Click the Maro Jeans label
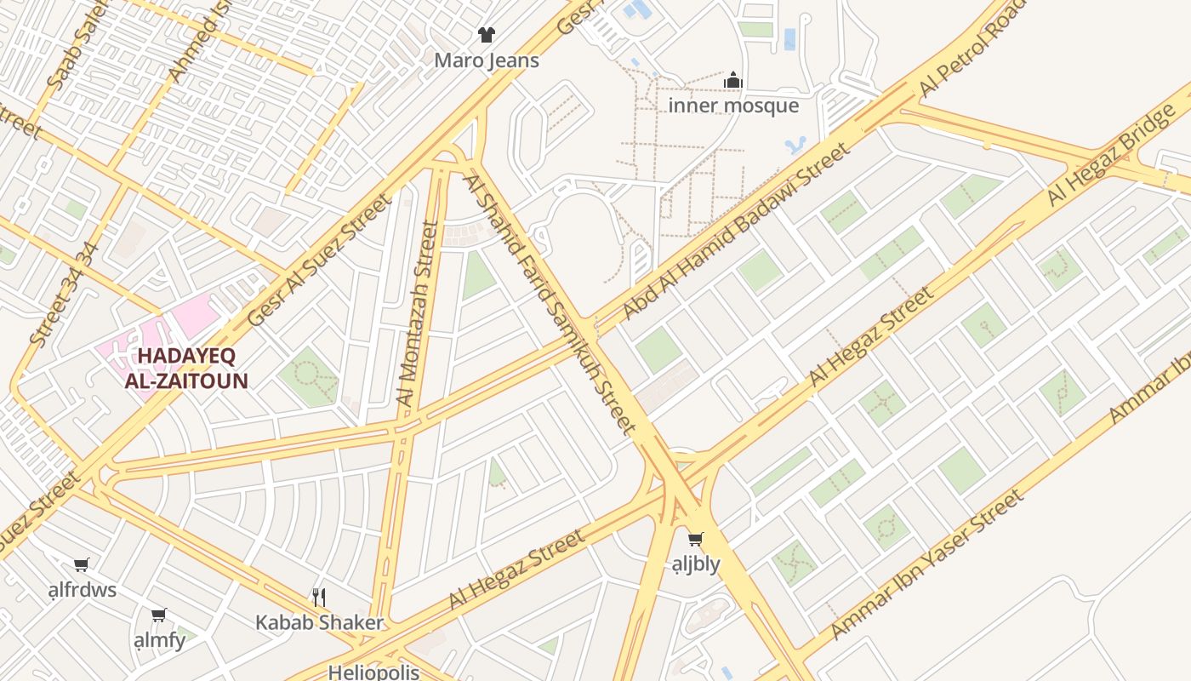point(486,60)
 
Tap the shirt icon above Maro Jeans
point(486,35)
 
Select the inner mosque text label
point(733,106)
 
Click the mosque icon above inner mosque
point(733,81)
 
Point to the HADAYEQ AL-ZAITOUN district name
point(185,368)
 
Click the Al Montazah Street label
point(417,313)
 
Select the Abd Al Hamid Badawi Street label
point(736,232)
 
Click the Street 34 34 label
point(64,294)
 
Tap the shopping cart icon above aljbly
point(695,539)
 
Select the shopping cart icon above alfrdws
point(82,564)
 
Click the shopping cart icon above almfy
point(158,615)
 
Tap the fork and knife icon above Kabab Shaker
point(319,597)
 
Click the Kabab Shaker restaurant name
point(319,622)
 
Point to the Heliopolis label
point(373,672)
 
